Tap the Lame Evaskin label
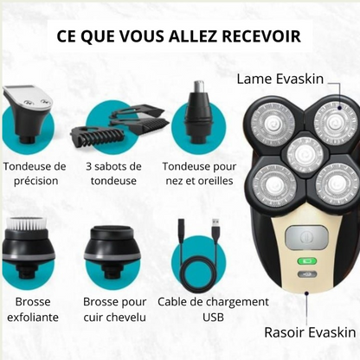click(280, 80)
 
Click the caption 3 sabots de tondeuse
click(112, 173)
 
